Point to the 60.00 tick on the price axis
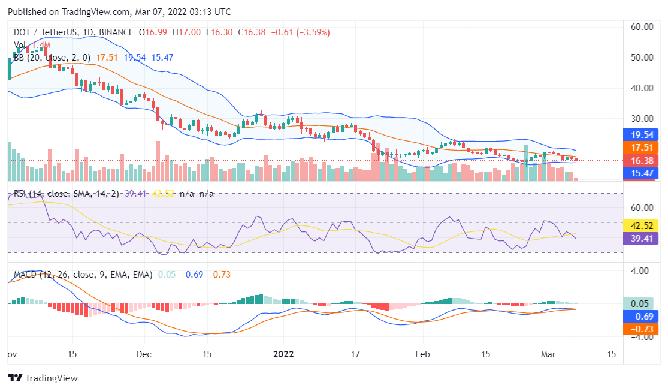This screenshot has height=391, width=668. pyautogui.click(x=642, y=27)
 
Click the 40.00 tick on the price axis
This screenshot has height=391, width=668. pyautogui.click(x=642, y=88)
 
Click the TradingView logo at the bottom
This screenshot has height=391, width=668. pyautogui.click(x=43, y=378)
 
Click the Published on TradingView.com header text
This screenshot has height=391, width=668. pyautogui.click(x=119, y=12)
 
